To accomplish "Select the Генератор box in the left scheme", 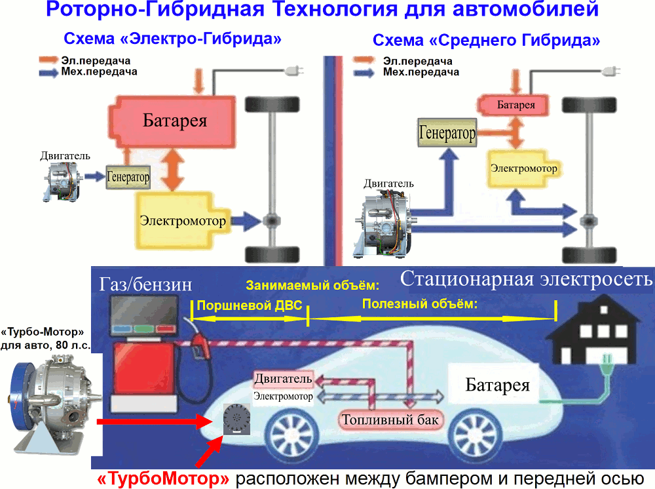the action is [x=128, y=177].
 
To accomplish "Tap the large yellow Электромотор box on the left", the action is [x=183, y=220].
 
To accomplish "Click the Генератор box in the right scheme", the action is [x=447, y=132].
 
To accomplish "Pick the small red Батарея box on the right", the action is [x=513, y=105].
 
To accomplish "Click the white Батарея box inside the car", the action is [x=494, y=384].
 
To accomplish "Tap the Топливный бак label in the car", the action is [x=390, y=420].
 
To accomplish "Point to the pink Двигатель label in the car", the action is [x=283, y=379].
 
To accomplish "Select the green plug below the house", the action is [x=607, y=363].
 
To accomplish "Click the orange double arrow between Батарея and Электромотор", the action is [x=172, y=170].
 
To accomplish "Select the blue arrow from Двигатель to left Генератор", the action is [x=94, y=176].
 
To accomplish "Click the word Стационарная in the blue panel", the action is [x=468, y=279].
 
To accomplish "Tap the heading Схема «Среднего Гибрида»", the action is [x=486, y=41].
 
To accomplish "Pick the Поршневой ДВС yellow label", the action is [x=250, y=305].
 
